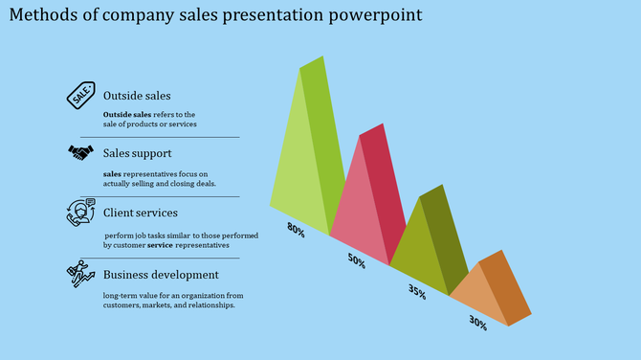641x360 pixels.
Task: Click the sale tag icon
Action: pyautogui.click(x=81, y=95)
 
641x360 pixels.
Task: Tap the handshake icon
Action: pyautogui.click(x=79, y=152)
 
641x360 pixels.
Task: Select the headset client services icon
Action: pyautogui.click(x=80, y=212)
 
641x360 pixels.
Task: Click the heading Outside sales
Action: pyautogui.click(x=137, y=96)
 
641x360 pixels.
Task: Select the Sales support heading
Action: pyautogui.click(x=138, y=153)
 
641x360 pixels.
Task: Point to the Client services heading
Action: pyautogui.click(x=140, y=213)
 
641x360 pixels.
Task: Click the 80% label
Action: pyautogui.click(x=296, y=229)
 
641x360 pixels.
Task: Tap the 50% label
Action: pyautogui.click(x=356, y=260)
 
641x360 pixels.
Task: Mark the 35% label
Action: pyautogui.click(x=416, y=292)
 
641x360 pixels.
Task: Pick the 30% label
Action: pyautogui.click(x=476, y=324)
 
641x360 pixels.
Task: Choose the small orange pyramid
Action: pyautogui.click(x=488, y=287)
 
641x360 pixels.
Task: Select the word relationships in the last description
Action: pyautogui.click(x=204, y=306)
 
